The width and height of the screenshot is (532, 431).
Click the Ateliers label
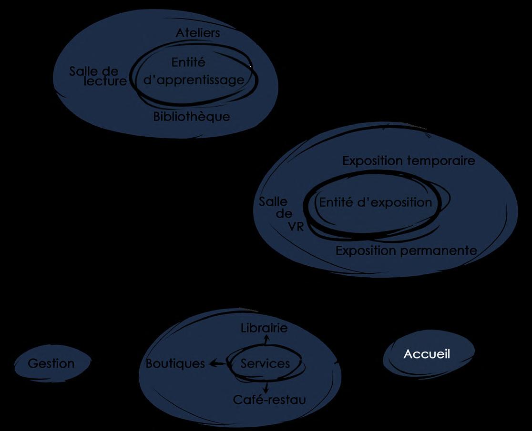pyautogui.click(x=198, y=33)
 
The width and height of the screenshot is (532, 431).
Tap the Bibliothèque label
pyautogui.click(x=191, y=117)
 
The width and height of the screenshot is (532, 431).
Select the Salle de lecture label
pyautogui.click(x=98, y=76)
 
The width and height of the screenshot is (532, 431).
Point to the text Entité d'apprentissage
pyautogui.click(x=194, y=71)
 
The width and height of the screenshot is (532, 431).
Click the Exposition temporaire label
pyautogui.click(x=409, y=161)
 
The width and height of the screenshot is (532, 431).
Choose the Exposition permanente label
pyautogui.click(x=406, y=251)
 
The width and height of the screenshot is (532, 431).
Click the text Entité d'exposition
pyautogui.click(x=375, y=202)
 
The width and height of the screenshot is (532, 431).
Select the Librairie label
pyautogui.click(x=264, y=328)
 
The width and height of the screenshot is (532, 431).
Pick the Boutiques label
pyautogui.click(x=175, y=364)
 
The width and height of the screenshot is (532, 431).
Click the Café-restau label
pyautogui.click(x=269, y=400)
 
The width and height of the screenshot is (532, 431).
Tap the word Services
pyautogui.click(x=265, y=364)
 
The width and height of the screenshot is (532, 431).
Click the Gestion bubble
pyautogui.click(x=51, y=364)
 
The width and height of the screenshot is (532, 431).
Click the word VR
pyautogui.click(x=296, y=226)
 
